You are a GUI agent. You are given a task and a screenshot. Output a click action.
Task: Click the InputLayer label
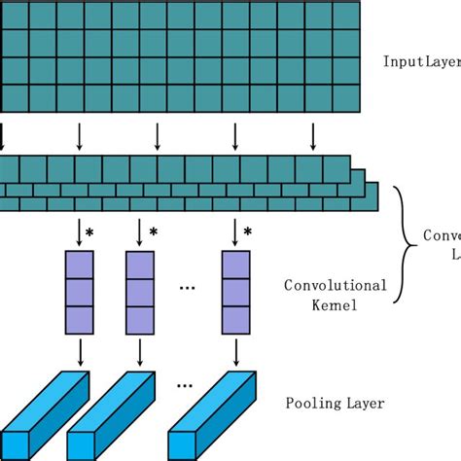pyautogui.click(x=421, y=61)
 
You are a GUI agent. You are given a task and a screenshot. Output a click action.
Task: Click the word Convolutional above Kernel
pyautogui.click(x=336, y=286)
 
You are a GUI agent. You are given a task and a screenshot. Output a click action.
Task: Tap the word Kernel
pyautogui.click(x=336, y=305)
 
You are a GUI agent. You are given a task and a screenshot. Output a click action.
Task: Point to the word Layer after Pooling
pyautogui.click(x=365, y=403)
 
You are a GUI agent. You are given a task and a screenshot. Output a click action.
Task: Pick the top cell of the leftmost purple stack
pyautogui.click(x=79, y=265)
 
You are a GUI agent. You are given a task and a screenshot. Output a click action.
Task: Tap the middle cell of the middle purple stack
pyautogui.click(x=140, y=292)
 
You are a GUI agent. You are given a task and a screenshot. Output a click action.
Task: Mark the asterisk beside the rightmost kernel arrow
pyautogui.click(x=248, y=232)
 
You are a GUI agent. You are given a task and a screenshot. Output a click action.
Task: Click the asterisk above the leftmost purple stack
pyautogui.click(x=90, y=232)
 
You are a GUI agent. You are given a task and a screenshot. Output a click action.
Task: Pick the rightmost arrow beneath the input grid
pyautogui.click(x=313, y=135)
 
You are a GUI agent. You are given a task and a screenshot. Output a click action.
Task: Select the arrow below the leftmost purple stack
pyautogui.click(x=79, y=350)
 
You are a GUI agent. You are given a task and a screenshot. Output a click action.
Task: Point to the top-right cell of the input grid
pyautogui.click(x=346, y=17)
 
